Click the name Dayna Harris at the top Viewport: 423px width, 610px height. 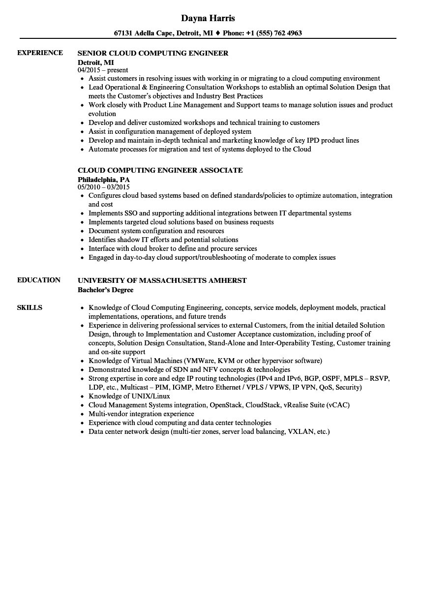click(208, 18)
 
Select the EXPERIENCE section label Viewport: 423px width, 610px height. click(40, 53)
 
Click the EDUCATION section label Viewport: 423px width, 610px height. click(39, 280)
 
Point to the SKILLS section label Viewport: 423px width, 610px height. click(30, 307)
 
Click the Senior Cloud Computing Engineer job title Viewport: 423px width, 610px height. click(153, 53)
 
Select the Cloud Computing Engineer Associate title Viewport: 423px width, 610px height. click(160, 170)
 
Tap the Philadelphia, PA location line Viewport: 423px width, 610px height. click(104, 180)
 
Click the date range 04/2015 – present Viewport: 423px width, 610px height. click(103, 70)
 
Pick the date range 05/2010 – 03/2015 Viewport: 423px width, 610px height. click(104, 187)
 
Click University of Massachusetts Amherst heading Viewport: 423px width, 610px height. click(162, 280)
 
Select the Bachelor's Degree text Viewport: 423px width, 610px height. click(105, 290)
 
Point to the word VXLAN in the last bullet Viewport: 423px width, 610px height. click(300, 431)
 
